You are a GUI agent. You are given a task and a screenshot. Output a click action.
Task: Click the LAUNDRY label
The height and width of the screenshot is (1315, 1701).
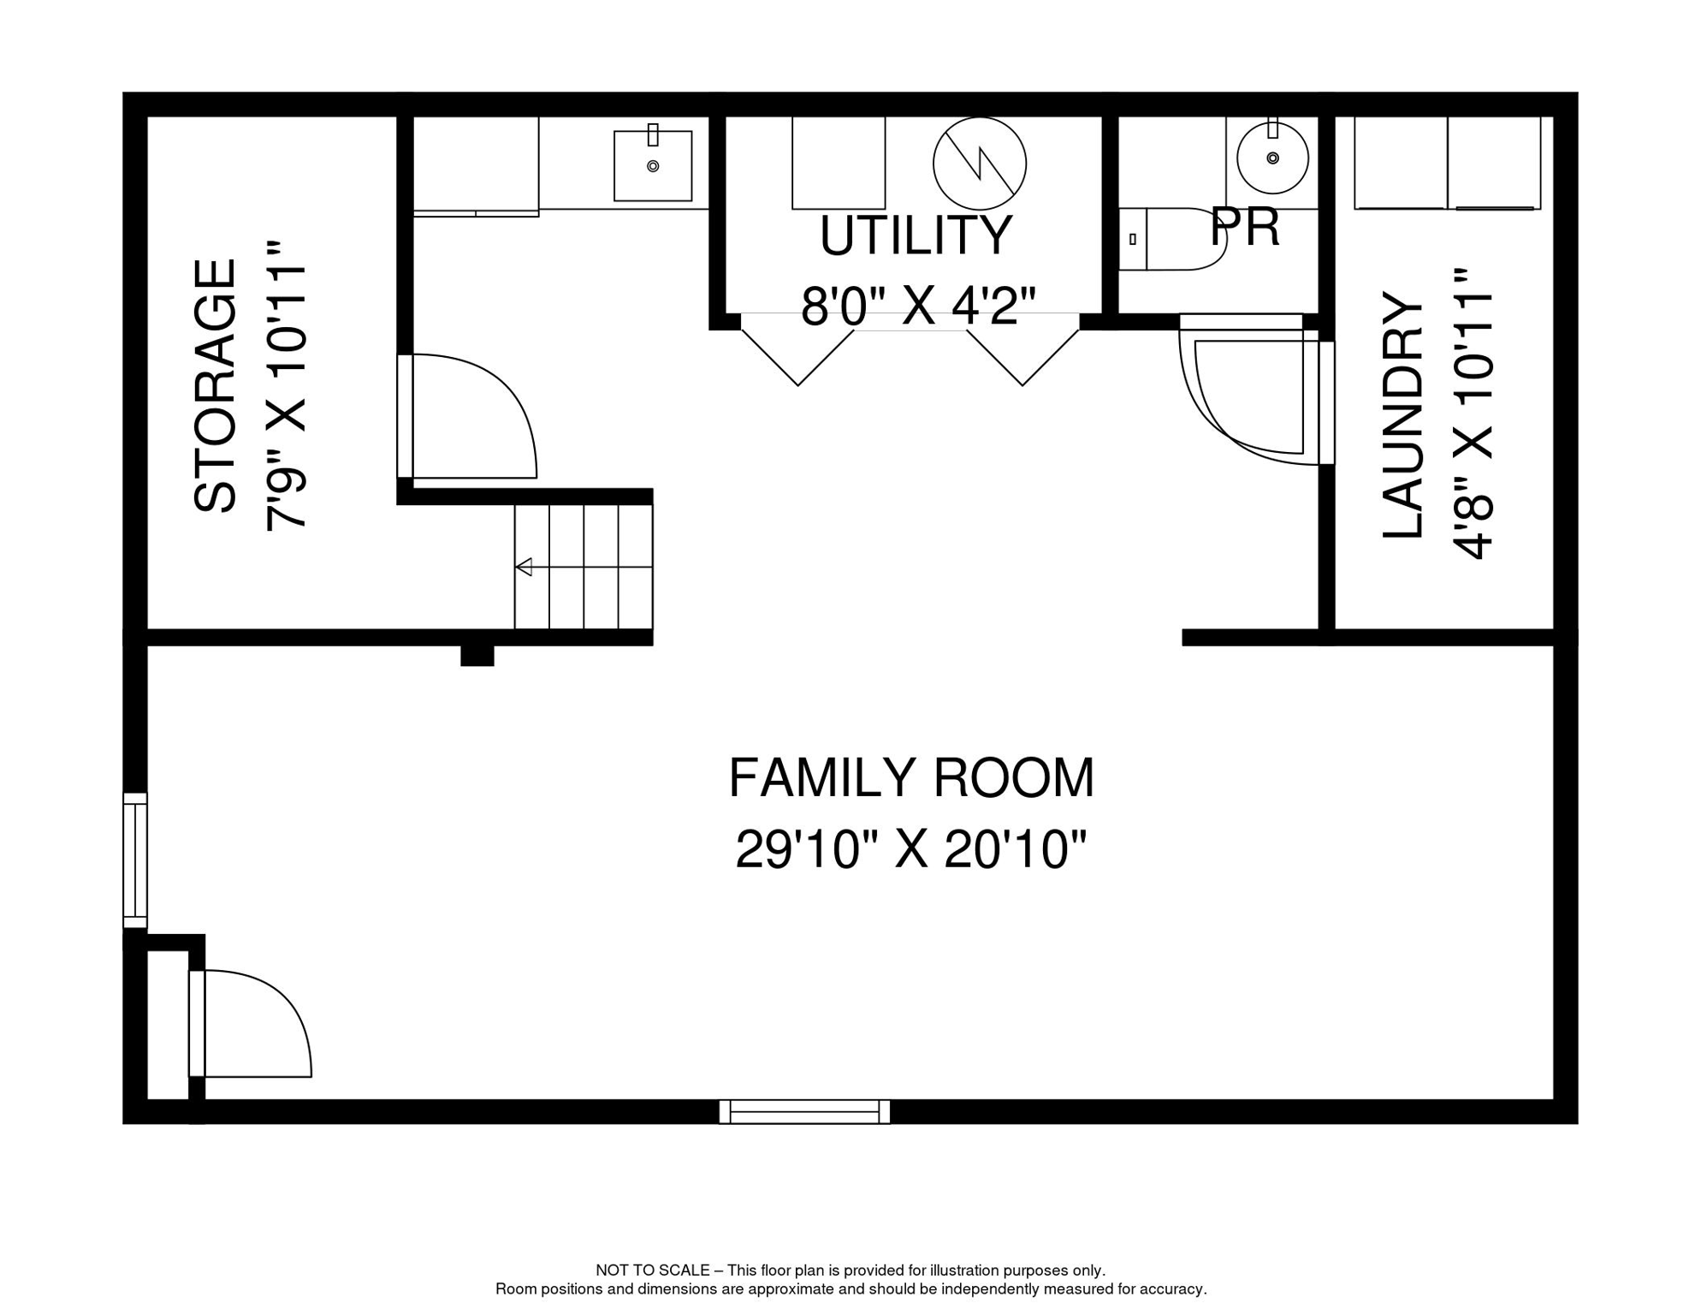click(1403, 415)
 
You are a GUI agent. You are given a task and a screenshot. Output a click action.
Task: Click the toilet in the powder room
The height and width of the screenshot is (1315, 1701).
click(1172, 239)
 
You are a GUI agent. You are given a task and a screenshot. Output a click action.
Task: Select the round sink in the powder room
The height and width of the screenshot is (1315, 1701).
click(1273, 158)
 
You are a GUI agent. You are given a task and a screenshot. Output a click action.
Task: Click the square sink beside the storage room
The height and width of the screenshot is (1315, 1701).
click(653, 165)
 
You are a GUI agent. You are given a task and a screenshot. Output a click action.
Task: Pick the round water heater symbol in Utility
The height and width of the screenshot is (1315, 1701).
click(980, 164)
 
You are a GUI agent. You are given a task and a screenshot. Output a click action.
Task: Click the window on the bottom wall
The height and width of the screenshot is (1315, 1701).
click(804, 1112)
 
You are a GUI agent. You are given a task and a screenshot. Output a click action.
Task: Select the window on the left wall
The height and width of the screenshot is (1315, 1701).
click(135, 860)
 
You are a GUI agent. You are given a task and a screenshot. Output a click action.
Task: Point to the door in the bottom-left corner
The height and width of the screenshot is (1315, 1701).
click(250, 1024)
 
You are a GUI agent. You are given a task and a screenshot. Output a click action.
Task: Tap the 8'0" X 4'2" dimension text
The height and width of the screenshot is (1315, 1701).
click(918, 306)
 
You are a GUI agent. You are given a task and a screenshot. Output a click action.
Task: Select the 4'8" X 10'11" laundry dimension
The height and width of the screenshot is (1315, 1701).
click(1473, 413)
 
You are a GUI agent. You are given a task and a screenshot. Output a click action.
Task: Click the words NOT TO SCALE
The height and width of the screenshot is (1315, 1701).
click(653, 1270)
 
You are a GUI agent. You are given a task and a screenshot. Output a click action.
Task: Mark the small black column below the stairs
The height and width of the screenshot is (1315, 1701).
click(477, 656)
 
